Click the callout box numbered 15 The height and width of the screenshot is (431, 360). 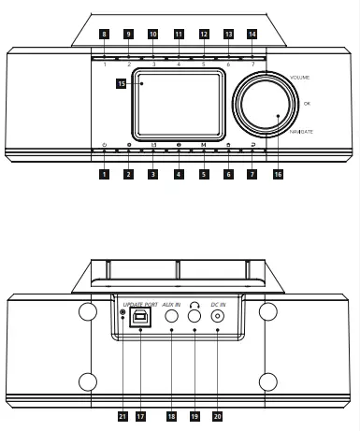pyautogui.click(x=122, y=83)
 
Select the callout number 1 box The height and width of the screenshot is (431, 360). pyautogui.click(x=104, y=174)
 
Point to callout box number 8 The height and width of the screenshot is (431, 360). pyautogui.click(x=104, y=34)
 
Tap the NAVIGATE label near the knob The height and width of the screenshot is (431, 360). pyautogui.click(x=301, y=132)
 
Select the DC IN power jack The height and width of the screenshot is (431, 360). pyautogui.click(x=218, y=317)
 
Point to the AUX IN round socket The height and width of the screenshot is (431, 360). pyautogui.click(x=172, y=317)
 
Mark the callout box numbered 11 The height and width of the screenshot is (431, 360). pyautogui.click(x=179, y=34)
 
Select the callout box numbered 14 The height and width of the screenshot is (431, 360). pyautogui.click(x=252, y=34)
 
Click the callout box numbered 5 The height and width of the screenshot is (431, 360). pyautogui.click(x=203, y=174)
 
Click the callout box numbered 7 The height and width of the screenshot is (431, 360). pyautogui.click(x=252, y=174)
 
